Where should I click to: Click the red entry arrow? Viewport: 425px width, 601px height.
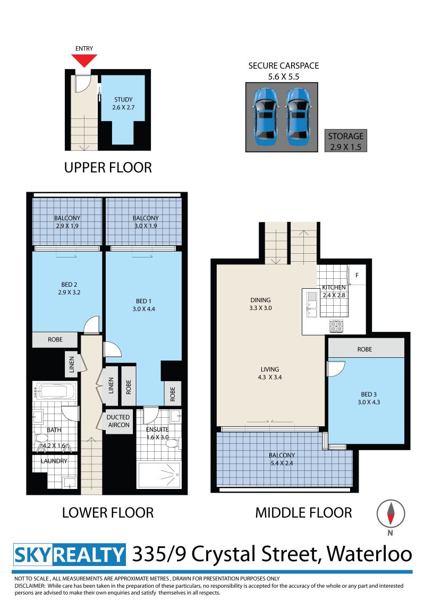coord(84,60)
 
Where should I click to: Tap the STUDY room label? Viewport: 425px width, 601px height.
coord(123,100)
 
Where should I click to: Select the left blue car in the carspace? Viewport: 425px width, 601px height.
coord(265,116)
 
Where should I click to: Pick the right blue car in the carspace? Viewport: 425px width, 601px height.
coord(297,116)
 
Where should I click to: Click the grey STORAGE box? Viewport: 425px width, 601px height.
coord(346,141)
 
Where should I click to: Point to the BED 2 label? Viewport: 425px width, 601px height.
coord(69,285)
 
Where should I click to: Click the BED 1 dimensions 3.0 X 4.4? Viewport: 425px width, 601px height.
coord(144,309)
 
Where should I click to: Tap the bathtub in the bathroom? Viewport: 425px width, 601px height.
coord(55,391)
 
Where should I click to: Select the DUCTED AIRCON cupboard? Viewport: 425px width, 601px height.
coord(118,421)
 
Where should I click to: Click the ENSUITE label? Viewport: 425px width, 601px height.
coord(157,430)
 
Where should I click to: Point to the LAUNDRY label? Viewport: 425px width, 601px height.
coord(54,461)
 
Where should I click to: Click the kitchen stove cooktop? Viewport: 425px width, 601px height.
coord(336,326)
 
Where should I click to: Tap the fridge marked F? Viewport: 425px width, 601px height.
coord(357,275)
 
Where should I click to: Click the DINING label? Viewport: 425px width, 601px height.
coord(260,300)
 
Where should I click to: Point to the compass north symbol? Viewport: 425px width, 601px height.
coord(390,514)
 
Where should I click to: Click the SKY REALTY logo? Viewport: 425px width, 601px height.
coord(70,555)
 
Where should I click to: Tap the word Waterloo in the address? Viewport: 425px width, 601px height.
coord(369,554)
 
